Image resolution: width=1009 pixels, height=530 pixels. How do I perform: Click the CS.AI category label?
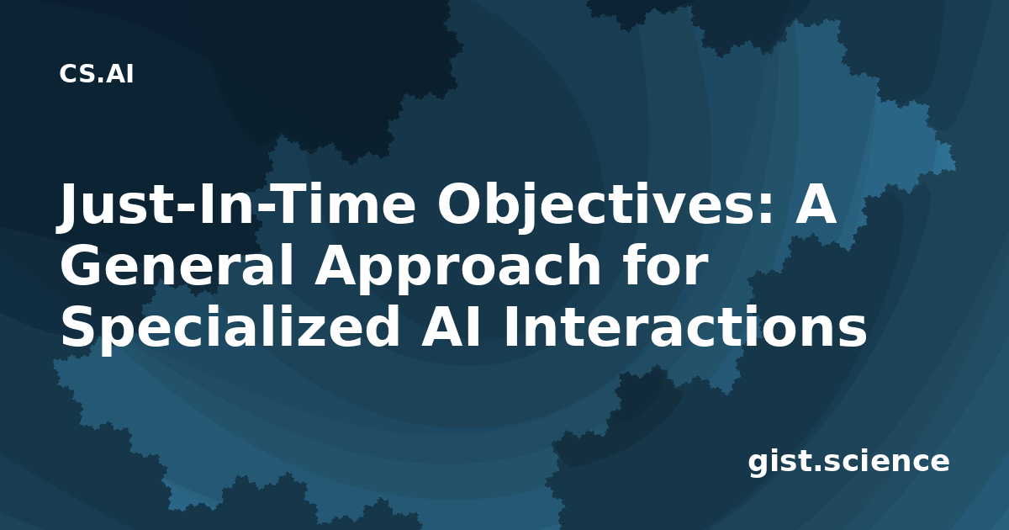[x=97, y=74]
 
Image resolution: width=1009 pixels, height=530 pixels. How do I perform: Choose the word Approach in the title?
[x=457, y=270]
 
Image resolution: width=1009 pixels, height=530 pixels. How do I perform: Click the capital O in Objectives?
[x=458, y=204]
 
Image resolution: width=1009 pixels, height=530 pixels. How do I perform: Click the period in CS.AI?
[x=103, y=81]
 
